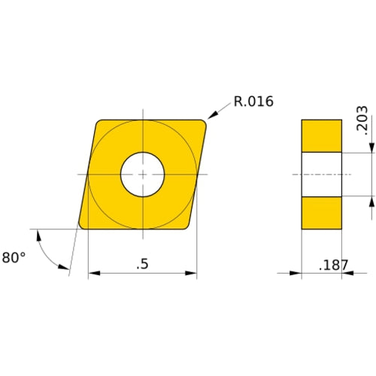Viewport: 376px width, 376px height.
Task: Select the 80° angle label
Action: point(14,257)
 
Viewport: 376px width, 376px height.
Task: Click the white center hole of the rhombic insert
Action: point(143,174)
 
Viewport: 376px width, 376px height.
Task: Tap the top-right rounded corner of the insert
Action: point(203,123)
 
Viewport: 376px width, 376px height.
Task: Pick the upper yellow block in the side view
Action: point(321,135)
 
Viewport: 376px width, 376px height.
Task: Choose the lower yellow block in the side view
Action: point(321,213)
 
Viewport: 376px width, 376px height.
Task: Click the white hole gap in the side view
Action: point(321,174)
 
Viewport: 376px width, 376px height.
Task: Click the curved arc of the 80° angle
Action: point(44,252)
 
